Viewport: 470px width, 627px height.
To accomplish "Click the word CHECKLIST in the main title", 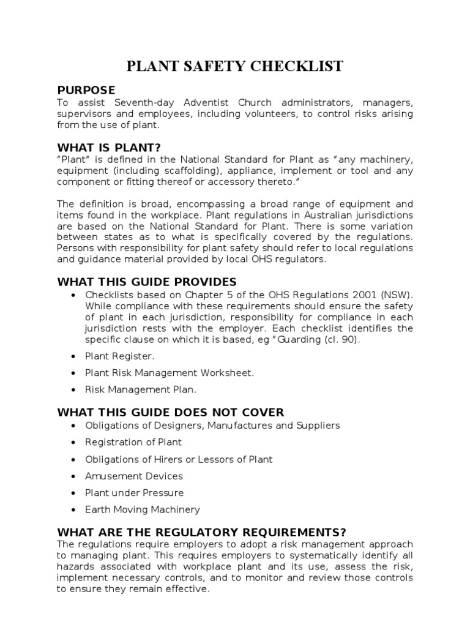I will tap(295, 66).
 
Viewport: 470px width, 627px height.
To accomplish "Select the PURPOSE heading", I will tap(86, 90).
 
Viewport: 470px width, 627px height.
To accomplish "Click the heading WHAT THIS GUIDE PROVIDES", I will tap(146, 282).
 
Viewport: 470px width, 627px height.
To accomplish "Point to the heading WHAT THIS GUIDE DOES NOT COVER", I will tap(170, 412).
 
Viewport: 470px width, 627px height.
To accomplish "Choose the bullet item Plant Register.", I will tap(120, 356).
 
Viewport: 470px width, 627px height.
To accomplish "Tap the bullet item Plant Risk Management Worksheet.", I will tap(170, 372).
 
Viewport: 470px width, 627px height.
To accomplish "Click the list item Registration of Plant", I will tap(133, 442).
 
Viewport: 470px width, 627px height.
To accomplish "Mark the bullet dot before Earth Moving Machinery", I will tap(73, 509).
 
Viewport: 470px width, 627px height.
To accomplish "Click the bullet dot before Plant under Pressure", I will tap(73, 493).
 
